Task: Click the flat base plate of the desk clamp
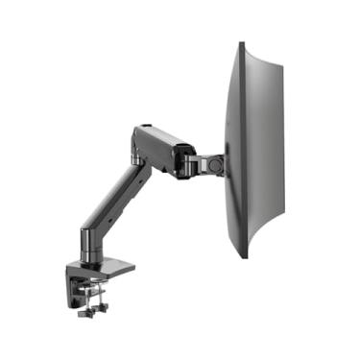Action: pyautogui.click(x=106, y=268)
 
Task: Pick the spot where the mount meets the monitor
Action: pyautogui.click(x=224, y=164)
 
